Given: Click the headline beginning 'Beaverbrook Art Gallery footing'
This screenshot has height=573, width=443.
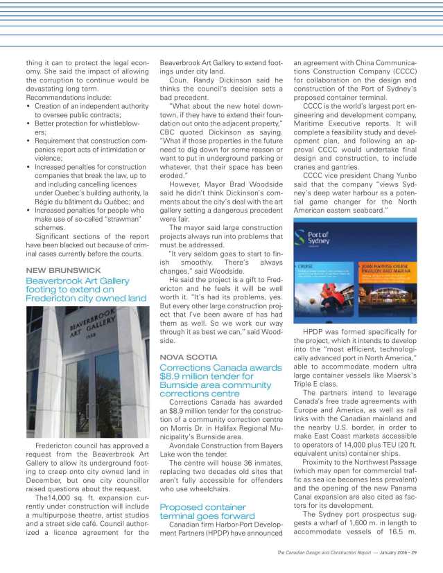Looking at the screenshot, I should coord(85,289).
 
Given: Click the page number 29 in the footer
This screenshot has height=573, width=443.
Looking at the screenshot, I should coord(414,552).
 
